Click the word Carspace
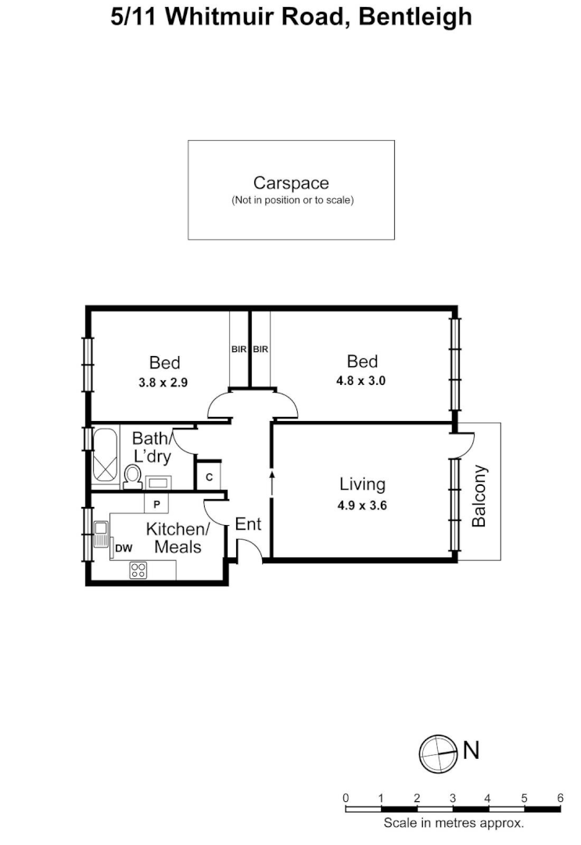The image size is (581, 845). pyautogui.click(x=291, y=183)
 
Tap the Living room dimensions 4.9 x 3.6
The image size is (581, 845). pyautogui.click(x=363, y=505)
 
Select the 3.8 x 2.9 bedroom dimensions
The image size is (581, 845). pyautogui.click(x=164, y=383)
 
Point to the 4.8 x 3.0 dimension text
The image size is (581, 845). pyautogui.click(x=362, y=382)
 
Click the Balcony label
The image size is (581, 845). pyautogui.click(x=479, y=496)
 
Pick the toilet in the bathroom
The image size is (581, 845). pyautogui.click(x=132, y=475)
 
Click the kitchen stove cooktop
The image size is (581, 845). pyautogui.click(x=138, y=570)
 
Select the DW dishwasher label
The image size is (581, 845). pyautogui.click(x=123, y=548)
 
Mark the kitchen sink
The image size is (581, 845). pyautogui.click(x=100, y=535)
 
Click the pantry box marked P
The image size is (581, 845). pyautogui.click(x=156, y=503)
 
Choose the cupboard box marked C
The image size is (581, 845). pyautogui.click(x=209, y=476)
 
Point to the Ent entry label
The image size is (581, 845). pyautogui.click(x=248, y=524)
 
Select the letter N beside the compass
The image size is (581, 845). pyautogui.click(x=471, y=751)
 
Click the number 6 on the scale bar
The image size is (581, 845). pyautogui.click(x=560, y=798)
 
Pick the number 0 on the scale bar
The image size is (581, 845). pyautogui.click(x=346, y=798)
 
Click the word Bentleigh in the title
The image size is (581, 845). pyautogui.click(x=414, y=16)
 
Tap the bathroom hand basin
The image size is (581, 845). pyautogui.click(x=160, y=481)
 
